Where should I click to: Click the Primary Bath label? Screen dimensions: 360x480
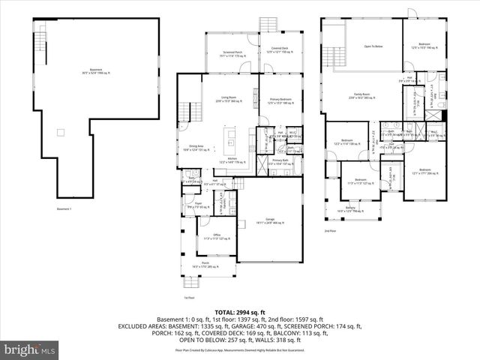280,161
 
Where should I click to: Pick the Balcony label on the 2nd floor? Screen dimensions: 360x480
350,208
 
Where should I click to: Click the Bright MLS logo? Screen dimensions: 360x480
28,349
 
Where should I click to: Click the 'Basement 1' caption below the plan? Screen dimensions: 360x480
63,208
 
